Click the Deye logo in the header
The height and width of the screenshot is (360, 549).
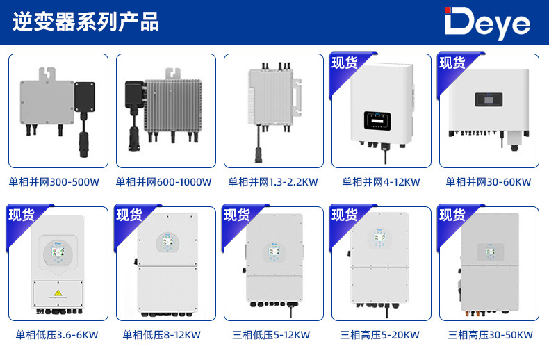[487, 24]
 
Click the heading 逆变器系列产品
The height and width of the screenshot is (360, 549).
[86, 22]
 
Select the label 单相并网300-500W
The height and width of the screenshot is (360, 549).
[54, 182]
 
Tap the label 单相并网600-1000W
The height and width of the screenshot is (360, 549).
[163, 182]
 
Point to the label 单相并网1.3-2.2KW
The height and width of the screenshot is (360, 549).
[273, 182]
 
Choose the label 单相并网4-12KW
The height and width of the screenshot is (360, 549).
[381, 182]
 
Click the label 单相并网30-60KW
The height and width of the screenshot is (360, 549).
[488, 182]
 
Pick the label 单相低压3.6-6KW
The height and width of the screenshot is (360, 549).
[57, 335]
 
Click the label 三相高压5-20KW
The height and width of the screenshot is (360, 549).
[380, 335]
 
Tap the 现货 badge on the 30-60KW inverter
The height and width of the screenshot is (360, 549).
[452, 63]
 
